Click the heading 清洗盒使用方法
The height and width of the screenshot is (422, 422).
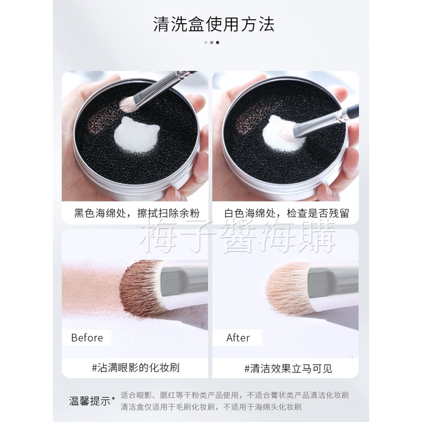tap(214, 24)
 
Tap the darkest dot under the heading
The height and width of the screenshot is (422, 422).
tap(217, 43)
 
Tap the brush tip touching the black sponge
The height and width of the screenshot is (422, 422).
tap(129, 104)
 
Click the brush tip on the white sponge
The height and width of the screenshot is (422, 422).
tap(288, 133)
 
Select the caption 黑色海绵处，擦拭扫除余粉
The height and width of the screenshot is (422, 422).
tap(137, 213)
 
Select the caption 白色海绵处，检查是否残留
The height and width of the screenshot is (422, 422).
tap(286, 213)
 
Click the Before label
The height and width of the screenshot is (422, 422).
tap(87, 338)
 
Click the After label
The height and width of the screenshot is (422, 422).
tap(238, 338)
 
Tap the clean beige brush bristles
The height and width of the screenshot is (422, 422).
tap(289, 289)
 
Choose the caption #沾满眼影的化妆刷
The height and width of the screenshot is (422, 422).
tap(136, 367)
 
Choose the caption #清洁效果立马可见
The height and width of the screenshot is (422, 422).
tap(288, 369)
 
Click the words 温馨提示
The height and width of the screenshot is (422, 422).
tap(90, 401)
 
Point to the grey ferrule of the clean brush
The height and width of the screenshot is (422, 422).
tap(333, 282)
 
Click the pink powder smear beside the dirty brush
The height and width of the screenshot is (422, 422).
tap(92, 288)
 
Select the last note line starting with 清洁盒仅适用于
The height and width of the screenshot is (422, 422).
tap(211, 407)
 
